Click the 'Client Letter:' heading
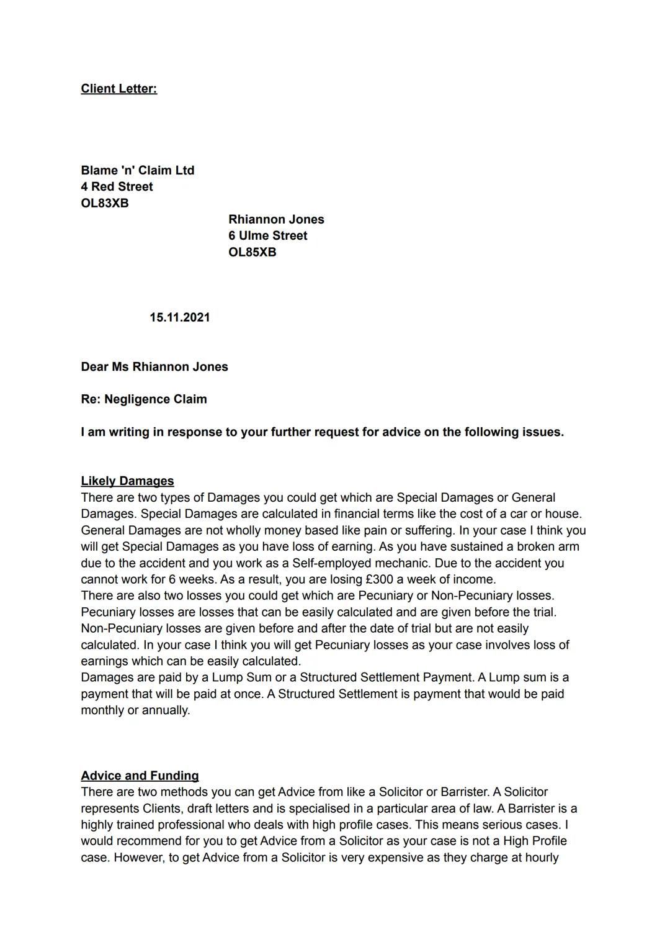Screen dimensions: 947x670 click(118, 89)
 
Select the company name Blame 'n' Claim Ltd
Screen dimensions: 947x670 click(137, 170)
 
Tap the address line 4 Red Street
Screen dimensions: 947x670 click(117, 187)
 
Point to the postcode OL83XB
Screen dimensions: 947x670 click(105, 203)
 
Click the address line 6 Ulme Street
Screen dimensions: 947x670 click(267, 236)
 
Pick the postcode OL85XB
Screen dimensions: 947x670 click(252, 252)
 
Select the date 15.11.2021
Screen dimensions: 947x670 click(179, 317)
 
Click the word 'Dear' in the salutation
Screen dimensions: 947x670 click(94, 367)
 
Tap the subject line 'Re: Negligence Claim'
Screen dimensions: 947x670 click(143, 399)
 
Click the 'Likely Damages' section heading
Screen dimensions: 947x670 click(127, 481)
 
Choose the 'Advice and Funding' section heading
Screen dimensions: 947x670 click(140, 776)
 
